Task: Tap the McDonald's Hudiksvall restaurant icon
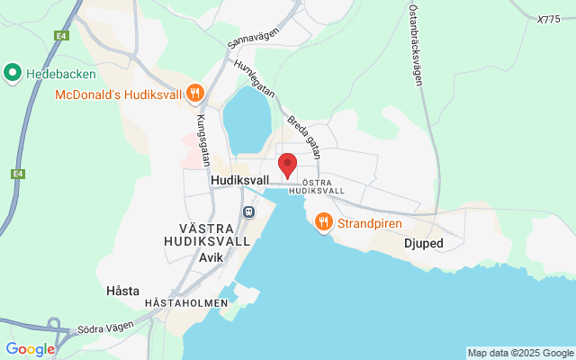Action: tap(194, 93)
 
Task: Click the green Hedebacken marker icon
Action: tap(13, 71)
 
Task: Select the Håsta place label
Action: tap(122, 291)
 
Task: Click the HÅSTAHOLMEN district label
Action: tap(186, 303)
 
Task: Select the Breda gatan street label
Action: tap(303, 131)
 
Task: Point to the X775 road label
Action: tap(548, 19)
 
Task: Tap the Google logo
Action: tap(30, 349)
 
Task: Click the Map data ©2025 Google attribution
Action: tap(520, 353)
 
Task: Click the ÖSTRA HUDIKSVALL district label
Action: tap(319, 186)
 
